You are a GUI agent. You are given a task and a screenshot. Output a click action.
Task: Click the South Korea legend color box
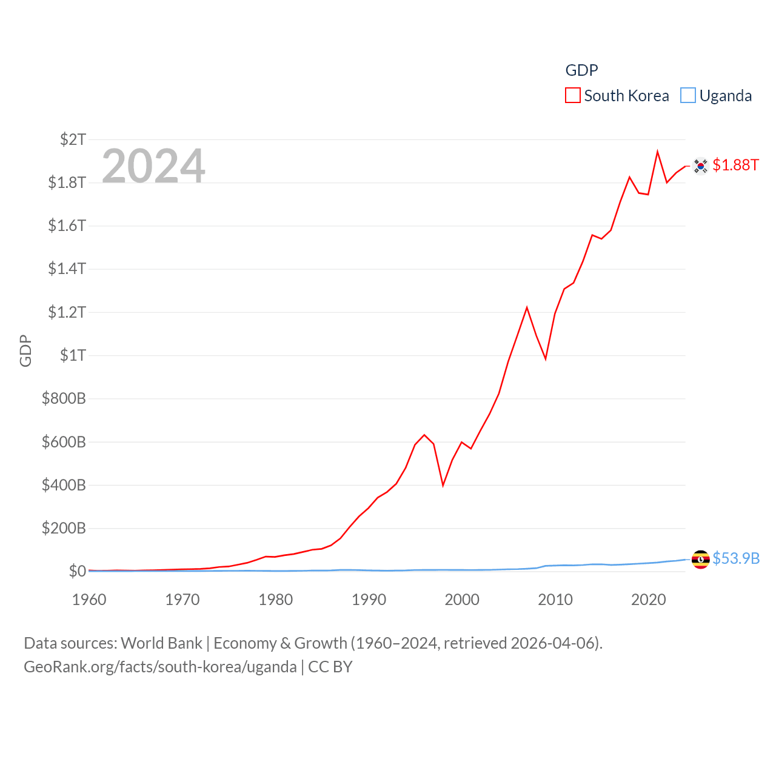(573, 96)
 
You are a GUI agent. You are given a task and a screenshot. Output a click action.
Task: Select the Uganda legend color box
(688, 96)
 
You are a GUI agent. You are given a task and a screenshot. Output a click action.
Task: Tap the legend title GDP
(581, 70)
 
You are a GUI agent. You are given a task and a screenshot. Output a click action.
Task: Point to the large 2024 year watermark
(153, 166)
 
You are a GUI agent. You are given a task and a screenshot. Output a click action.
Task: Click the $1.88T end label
(735, 165)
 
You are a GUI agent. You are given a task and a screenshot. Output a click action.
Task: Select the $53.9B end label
(736, 558)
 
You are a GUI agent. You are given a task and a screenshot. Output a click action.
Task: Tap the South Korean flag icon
(701, 166)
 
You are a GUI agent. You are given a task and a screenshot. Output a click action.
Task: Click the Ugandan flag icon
(701, 559)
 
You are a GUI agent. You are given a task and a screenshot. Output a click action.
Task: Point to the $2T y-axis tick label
(73, 139)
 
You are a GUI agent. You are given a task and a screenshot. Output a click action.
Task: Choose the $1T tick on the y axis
(73, 355)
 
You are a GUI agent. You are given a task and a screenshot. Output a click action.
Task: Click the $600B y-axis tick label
(64, 442)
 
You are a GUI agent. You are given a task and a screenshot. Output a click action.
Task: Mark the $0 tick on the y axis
(77, 571)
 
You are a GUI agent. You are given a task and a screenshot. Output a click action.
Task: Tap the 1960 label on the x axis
(89, 600)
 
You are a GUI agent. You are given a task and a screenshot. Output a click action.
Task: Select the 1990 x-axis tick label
(369, 600)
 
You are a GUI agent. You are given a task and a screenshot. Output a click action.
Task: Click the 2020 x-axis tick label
(649, 600)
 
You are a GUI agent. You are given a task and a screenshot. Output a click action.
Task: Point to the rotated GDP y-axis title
(25, 350)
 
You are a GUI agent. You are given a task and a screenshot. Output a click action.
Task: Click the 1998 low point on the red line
(443, 485)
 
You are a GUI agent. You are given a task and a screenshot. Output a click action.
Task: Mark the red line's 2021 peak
(657, 152)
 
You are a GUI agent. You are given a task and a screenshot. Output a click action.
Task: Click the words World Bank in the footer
(162, 643)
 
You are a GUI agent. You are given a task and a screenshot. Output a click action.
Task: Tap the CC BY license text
(330, 667)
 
